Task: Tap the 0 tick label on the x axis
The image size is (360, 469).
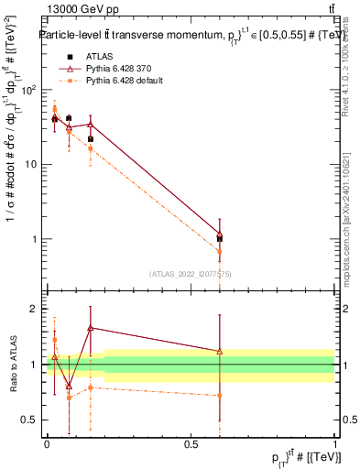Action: pyautogui.click(x=47, y=443)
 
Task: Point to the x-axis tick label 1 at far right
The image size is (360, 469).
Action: pyautogui.click(x=334, y=443)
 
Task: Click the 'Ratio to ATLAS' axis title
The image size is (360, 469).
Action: pyautogui.click(x=12, y=364)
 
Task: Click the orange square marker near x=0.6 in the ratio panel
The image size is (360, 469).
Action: pyautogui.click(x=219, y=396)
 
